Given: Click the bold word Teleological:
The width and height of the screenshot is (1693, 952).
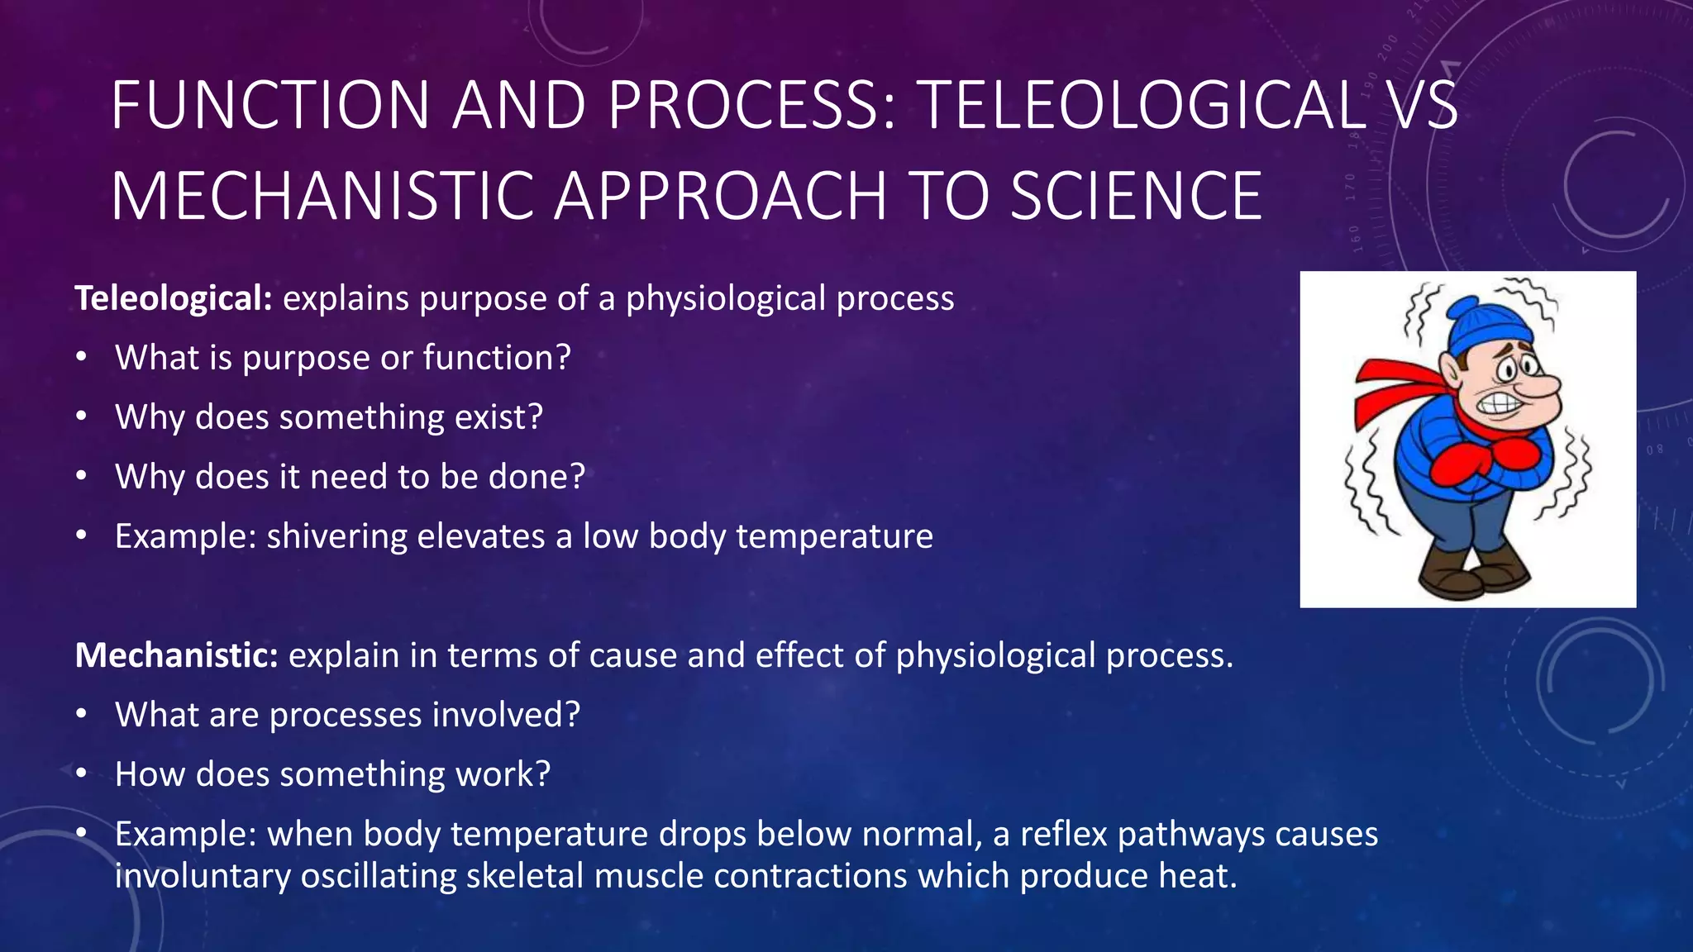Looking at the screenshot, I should click(174, 298).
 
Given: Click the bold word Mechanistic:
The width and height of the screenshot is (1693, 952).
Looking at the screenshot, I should click(176, 655).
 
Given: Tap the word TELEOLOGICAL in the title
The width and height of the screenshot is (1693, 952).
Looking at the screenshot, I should click(1142, 106).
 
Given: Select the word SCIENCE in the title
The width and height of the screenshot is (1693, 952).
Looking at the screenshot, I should click(1137, 197).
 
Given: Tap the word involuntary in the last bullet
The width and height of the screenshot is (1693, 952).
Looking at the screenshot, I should click(203, 876).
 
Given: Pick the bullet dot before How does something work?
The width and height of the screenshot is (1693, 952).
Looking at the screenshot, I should click(81, 774).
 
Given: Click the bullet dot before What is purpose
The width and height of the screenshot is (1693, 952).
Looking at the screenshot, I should click(81, 358).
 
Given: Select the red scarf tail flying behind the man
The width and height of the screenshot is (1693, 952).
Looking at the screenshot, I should click(1389, 388).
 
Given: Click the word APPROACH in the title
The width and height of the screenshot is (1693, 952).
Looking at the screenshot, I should click(720, 197).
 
